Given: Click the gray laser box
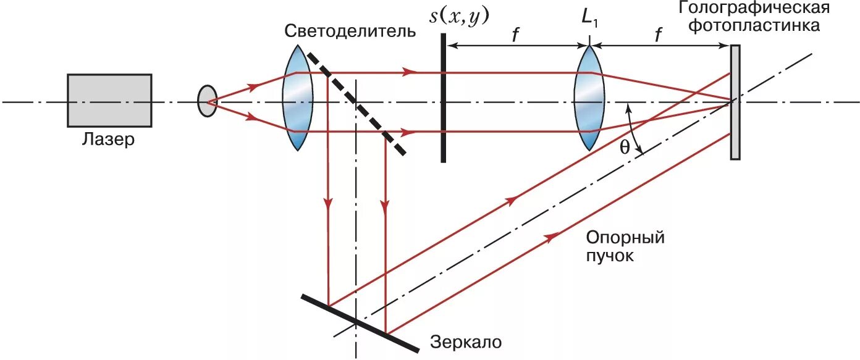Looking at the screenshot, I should [x=109, y=100].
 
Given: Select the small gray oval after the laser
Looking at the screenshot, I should [x=207, y=101].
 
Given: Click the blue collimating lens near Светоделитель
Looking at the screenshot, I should [x=296, y=101].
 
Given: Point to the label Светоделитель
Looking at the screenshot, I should [x=350, y=31].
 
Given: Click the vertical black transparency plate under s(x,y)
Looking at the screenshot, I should [x=444, y=99].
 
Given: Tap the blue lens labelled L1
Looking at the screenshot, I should [x=589, y=101].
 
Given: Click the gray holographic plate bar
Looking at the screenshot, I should [x=735, y=103].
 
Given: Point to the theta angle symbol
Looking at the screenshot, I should [x=625, y=148].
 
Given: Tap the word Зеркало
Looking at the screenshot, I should [x=464, y=341].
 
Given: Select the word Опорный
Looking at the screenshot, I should [x=625, y=237].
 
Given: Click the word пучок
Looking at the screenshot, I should [x=610, y=255].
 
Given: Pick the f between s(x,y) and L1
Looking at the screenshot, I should [x=515, y=35].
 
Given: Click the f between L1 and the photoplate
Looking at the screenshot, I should [x=659, y=35].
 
